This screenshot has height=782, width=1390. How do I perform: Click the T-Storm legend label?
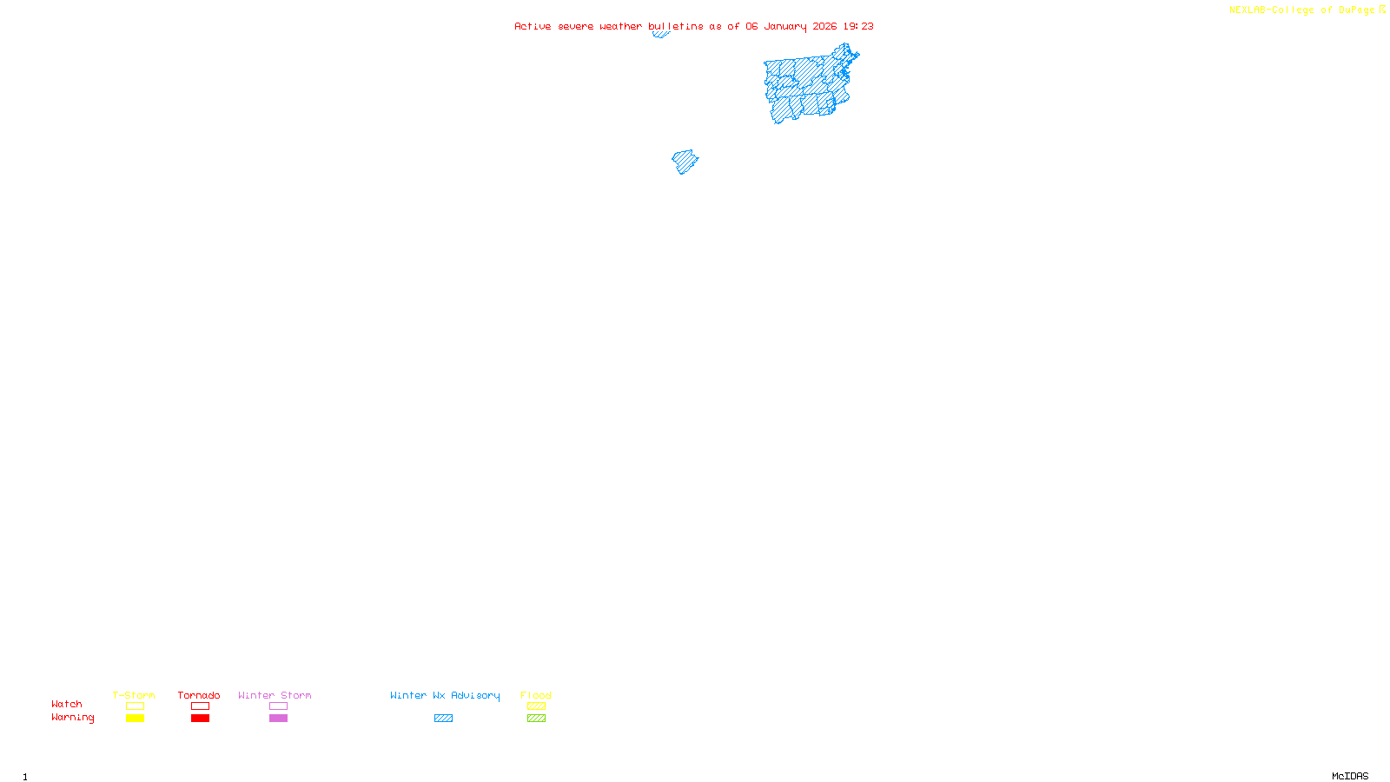pyautogui.click(x=134, y=695)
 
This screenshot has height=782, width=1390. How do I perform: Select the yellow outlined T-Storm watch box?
pyautogui.click(x=135, y=706)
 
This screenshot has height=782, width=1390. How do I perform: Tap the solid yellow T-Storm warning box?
pyautogui.click(x=135, y=719)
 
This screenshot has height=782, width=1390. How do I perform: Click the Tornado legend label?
pyautogui.click(x=199, y=695)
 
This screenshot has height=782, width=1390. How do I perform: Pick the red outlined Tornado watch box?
pyautogui.click(x=200, y=706)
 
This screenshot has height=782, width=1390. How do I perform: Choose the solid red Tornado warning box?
pyautogui.click(x=200, y=719)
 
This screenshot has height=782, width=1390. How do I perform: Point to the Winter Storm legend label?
pyautogui.click(x=275, y=695)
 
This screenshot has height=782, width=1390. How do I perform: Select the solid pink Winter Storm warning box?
pyautogui.click(x=278, y=719)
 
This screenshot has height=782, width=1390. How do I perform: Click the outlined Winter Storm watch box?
pyautogui.click(x=278, y=706)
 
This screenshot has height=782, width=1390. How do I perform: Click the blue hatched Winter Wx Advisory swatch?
pyautogui.click(x=443, y=719)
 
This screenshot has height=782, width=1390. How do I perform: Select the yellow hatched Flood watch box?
pyautogui.click(x=536, y=706)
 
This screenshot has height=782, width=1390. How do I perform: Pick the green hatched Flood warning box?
pyautogui.click(x=536, y=719)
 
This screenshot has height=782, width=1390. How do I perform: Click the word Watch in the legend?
pyautogui.click(x=67, y=704)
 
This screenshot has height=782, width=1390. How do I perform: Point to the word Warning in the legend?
pyautogui.click(x=72, y=718)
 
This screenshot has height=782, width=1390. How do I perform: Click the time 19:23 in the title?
pyautogui.click(x=858, y=26)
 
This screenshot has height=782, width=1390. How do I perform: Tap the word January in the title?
pyautogui.click(x=785, y=26)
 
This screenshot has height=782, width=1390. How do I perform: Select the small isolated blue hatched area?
pyautogui.click(x=685, y=162)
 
